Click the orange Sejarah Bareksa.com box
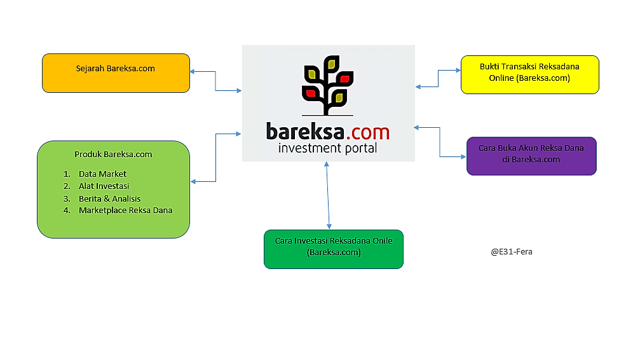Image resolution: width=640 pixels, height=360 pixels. coord(116,73)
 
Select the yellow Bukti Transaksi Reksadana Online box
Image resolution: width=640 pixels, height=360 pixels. coord(529,74)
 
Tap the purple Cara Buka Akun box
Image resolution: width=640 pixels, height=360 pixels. coord(531,156)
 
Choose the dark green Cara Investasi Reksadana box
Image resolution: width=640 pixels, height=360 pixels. coord(333,249)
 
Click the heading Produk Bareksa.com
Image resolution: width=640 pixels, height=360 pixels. coord(113,155)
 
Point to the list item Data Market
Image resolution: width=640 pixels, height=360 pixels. coord(102,174)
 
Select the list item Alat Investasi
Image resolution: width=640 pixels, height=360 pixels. coord(104,186)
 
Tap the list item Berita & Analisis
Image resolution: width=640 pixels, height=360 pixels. coord(109,198)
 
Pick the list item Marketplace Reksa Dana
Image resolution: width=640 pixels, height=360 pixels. coord(125,211)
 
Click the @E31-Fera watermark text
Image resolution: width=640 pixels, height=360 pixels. coord(512,252)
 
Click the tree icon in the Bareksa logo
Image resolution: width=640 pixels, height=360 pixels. coord(329,87)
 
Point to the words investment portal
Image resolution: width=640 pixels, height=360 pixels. coord(328,149)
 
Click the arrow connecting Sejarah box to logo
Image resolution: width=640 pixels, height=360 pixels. coord(215,81)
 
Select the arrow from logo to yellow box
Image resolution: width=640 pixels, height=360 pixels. coord(438,79)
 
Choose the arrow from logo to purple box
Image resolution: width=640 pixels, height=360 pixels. coord(440,141)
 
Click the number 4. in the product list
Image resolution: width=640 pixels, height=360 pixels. coord(67,211)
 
